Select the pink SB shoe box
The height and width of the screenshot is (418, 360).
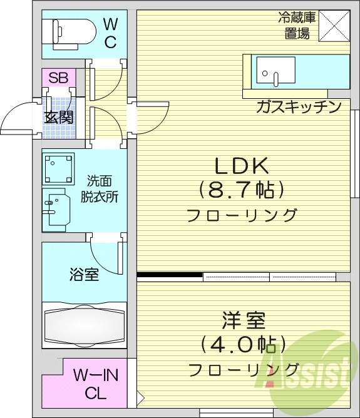coord(58,78)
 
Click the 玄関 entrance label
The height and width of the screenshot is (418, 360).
coord(59,117)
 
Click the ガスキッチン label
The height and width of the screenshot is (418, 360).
coord(298,106)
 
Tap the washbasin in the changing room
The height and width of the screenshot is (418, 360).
coord(56,207)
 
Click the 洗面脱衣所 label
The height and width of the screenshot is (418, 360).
coord(100,188)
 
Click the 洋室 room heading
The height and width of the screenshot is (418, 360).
coord(243,321)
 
